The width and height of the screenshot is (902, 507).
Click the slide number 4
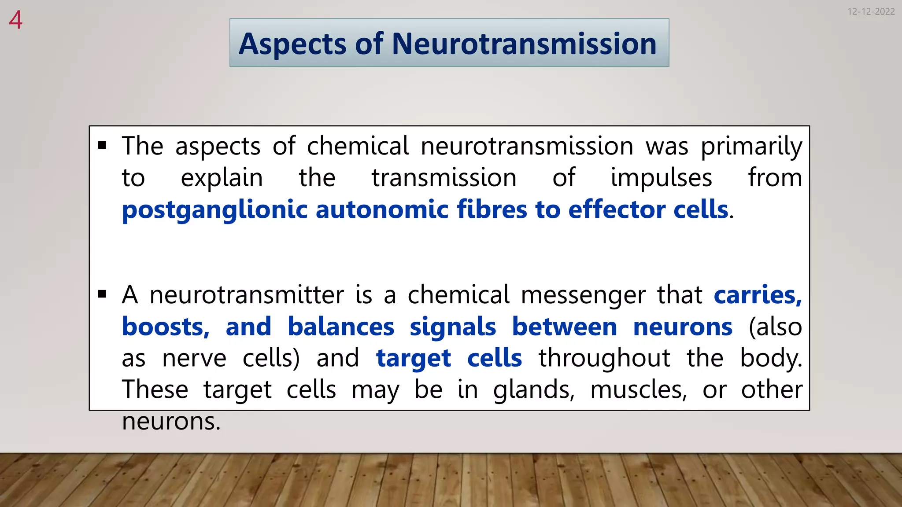[x=15, y=20]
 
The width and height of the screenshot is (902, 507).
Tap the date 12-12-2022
[x=871, y=12]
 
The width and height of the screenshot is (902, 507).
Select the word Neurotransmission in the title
[x=524, y=44]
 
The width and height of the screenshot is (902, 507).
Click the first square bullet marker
[x=102, y=146]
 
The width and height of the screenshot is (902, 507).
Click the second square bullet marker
[x=102, y=294]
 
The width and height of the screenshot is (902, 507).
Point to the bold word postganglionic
[x=214, y=210]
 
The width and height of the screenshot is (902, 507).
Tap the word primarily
[x=751, y=147]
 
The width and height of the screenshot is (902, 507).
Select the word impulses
[x=661, y=178]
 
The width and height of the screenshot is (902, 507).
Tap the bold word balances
[x=341, y=327]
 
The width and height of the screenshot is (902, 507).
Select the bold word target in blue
[x=414, y=359]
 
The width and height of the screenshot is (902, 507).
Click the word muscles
[x=638, y=390]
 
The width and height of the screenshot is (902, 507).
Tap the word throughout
[x=604, y=358]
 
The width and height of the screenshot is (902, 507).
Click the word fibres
[x=492, y=209]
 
